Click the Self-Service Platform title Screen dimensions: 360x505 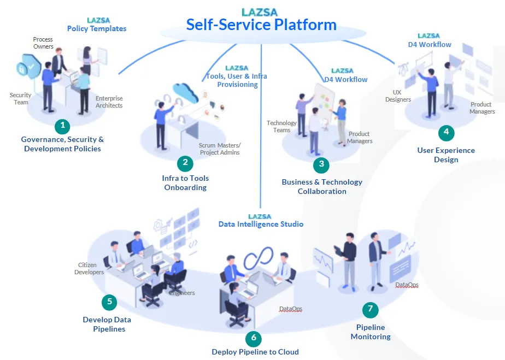pyautogui.click(x=261, y=25)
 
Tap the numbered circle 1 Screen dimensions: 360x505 pyautogui.click(x=63, y=126)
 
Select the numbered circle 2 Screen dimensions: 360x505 pyautogui.click(x=185, y=162)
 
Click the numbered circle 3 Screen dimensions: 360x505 pyautogui.click(x=321, y=163)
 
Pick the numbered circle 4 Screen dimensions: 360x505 pyautogui.click(x=446, y=132)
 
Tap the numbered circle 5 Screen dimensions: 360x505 pyautogui.click(x=109, y=302)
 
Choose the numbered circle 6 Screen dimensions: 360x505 pyautogui.click(x=253, y=338)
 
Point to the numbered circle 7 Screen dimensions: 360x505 pyautogui.click(x=370, y=309)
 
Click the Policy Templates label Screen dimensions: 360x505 pyautogui.click(x=97, y=28)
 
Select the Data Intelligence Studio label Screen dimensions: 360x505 pyautogui.click(x=261, y=224)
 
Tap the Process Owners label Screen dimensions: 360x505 pyautogui.click(x=43, y=43)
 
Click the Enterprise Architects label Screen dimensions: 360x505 pyautogui.click(x=109, y=102)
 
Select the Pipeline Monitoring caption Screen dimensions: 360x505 pyautogui.click(x=371, y=332)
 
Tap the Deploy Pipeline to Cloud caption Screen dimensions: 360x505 pyautogui.click(x=255, y=352)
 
